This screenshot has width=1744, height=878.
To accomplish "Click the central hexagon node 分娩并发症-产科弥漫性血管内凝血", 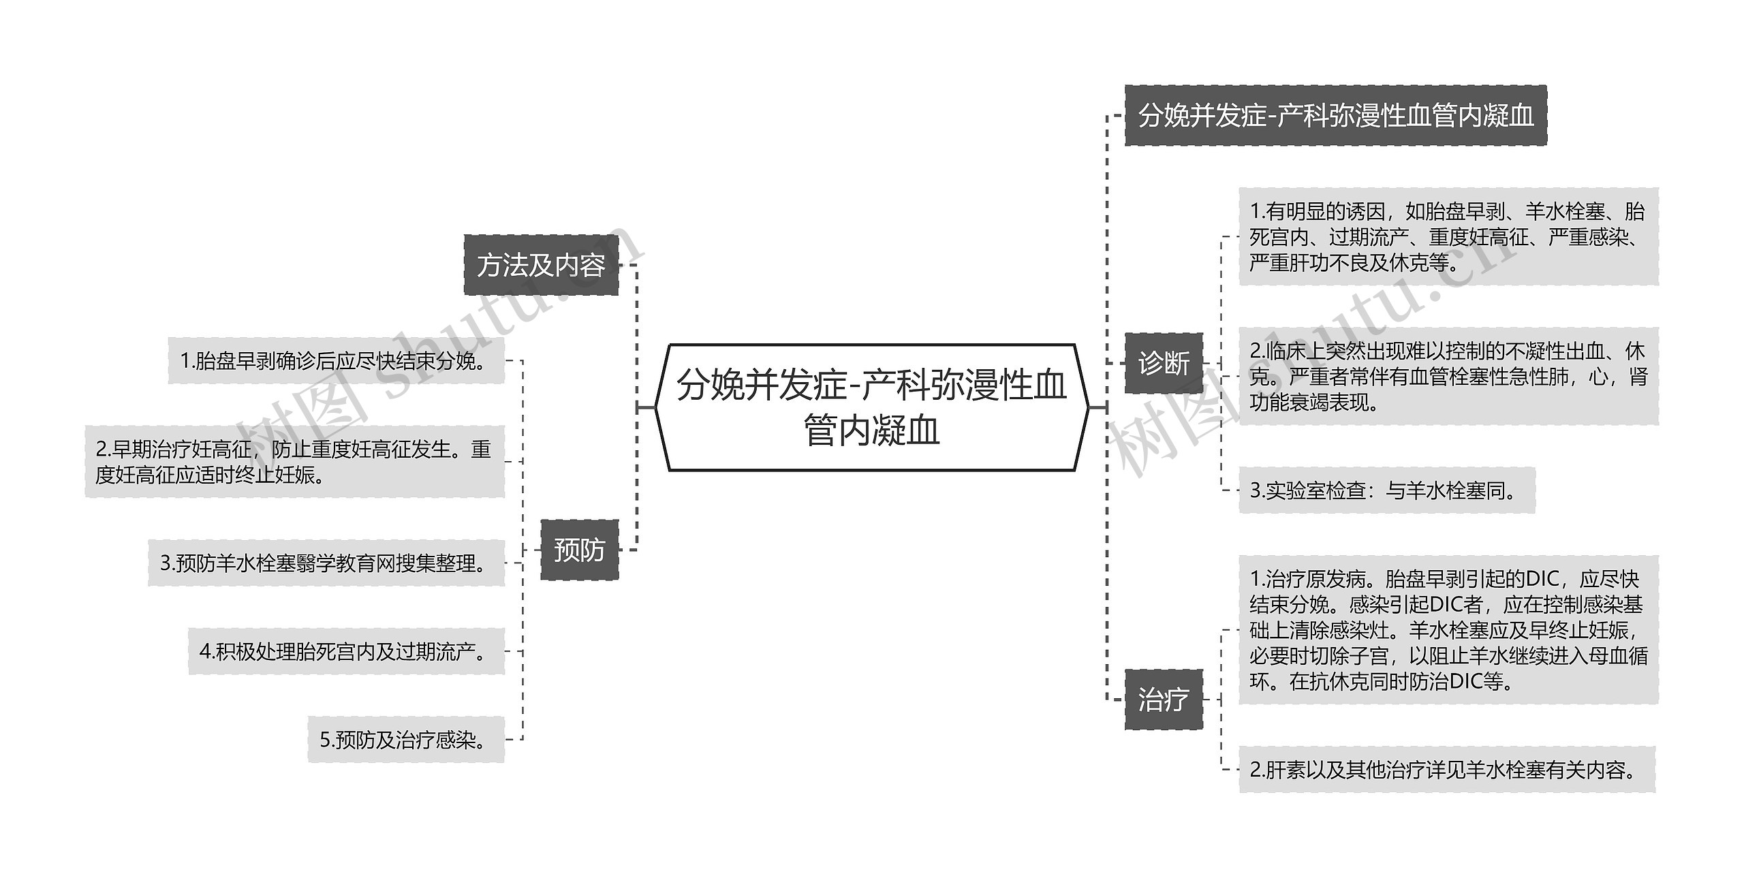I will click(871, 407).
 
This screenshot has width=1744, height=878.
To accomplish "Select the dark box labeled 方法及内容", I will click(541, 265).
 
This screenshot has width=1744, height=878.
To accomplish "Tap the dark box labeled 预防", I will click(579, 550).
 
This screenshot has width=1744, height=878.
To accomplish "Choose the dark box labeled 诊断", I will click(1164, 363).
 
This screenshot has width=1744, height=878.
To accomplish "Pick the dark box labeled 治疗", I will click(1164, 700).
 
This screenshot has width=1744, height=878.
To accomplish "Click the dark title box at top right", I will click(1335, 115).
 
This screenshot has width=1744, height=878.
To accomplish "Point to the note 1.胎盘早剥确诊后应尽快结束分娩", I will click(336, 360).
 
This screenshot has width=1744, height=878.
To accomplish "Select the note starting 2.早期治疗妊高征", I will click(294, 462).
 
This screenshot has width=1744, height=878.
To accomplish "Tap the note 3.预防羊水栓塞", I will click(326, 563).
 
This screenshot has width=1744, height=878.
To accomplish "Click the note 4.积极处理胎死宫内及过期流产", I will click(346, 652).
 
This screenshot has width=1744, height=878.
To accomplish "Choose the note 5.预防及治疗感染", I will click(406, 740).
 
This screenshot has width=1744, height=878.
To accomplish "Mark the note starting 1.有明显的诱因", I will click(1448, 237).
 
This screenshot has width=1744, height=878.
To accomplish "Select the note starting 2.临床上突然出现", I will click(1448, 377).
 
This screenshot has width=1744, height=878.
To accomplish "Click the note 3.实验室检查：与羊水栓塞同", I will click(1386, 490).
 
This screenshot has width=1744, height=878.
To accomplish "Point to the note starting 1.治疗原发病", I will click(1448, 630).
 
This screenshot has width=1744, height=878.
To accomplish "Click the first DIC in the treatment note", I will click(1542, 579).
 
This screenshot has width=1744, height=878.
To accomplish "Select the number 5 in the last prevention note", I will click(325, 740).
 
